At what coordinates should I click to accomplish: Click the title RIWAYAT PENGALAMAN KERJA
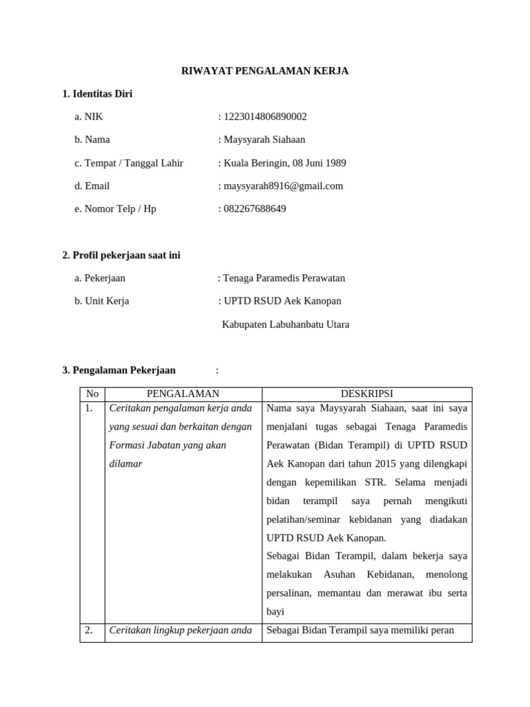point(264,71)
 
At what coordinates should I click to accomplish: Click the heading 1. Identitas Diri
point(97,94)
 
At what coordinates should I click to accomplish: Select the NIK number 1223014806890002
point(265,117)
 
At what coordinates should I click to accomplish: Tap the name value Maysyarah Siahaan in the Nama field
point(264,139)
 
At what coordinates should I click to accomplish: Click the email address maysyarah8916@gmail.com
point(283,186)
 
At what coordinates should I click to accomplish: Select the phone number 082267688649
point(255,209)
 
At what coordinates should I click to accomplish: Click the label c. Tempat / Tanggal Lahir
point(129,163)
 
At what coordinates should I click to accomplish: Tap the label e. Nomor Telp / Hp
point(115,209)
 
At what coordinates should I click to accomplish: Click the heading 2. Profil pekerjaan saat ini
point(121,255)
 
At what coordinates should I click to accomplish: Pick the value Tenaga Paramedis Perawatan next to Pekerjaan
point(284,278)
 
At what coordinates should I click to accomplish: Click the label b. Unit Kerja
point(102,301)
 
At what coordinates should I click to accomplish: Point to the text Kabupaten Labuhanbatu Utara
point(286,325)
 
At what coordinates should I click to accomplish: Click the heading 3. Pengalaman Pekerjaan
point(119,370)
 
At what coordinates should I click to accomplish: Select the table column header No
point(92,394)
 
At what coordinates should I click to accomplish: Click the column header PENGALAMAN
point(183,394)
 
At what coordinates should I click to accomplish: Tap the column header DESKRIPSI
point(367,394)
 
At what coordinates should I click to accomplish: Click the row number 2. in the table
point(89,630)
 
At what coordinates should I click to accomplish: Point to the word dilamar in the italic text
point(126,464)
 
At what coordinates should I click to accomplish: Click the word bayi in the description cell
point(275,612)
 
